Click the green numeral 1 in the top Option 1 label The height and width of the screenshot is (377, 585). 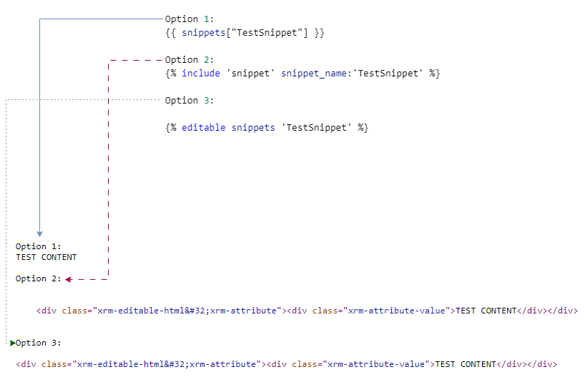[206, 19]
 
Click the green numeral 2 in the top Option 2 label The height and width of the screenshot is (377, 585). [206, 59]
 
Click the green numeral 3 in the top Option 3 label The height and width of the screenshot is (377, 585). [206, 100]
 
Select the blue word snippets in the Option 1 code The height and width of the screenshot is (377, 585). [204, 33]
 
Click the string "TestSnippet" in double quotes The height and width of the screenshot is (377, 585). [267, 33]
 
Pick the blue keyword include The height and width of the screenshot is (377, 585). [201, 73]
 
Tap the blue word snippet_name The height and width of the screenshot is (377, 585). [314, 74]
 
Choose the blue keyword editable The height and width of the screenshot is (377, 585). [203, 127]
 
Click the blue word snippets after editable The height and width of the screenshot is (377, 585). [253, 128]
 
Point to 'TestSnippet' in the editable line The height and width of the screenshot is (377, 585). [316, 128]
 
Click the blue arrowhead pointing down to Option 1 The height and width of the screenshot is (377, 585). [39, 234]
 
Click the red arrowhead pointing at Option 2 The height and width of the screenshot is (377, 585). [68, 279]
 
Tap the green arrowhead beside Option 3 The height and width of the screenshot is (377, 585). [13, 343]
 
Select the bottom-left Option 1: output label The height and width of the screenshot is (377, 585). [38, 246]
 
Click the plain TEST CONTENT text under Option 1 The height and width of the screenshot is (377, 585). [46, 257]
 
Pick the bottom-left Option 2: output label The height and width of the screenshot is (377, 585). [38, 278]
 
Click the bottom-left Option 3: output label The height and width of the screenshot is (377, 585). [38, 343]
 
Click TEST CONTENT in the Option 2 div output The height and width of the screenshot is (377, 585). [486, 311]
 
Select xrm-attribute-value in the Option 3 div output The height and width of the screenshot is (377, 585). [376, 364]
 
